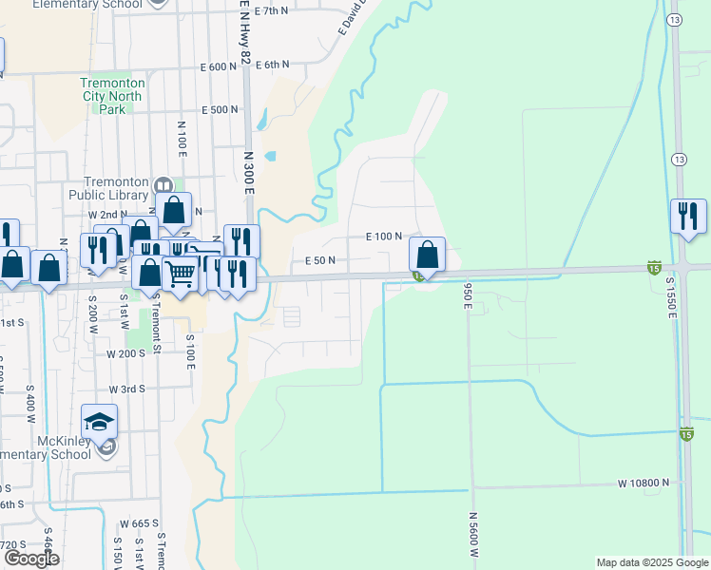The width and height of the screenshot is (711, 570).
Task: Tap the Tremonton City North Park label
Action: pyautogui.click(x=111, y=96)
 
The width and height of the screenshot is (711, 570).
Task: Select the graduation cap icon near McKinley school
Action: pyautogui.click(x=99, y=421)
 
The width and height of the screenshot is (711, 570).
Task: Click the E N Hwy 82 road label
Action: pyautogui.click(x=244, y=34)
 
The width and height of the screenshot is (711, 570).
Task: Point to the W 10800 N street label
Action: pyautogui.click(x=643, y=484)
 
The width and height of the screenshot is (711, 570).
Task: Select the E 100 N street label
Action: pyautogui.click(x=384, y=237)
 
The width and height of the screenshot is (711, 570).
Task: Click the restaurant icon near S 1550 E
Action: pyautogui.click(x=688, y=216)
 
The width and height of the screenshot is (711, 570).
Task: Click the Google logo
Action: pyautogui.click(x=31, y=559)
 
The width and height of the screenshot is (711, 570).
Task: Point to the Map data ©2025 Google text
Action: pyautogui.click(x=651, y=562)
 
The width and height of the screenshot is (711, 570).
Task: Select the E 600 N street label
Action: pyautogui.click(x=219, y=66)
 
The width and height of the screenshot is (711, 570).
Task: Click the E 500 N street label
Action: pyautogui.click(x=219, y=110)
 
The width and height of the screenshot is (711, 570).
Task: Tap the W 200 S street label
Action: pyautogui.click(x=125, y=353)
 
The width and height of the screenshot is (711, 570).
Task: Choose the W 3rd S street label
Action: pyautogui.click(x=126, y=389)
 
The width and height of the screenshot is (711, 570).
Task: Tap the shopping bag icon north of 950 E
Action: pyautogui.click(x=428, y=254)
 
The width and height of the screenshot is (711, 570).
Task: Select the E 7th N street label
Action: pyautogui.click(x=270, y=10)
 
